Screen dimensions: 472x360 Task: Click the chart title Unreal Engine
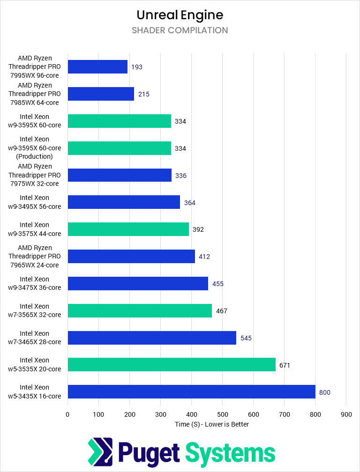pos(180,15)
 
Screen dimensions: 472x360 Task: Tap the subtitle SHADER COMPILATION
pos(180,30)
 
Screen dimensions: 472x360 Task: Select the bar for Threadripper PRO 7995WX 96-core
pos(97,67)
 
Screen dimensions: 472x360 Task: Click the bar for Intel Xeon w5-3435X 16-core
pos(191,392)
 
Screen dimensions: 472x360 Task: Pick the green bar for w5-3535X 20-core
pos(172,365)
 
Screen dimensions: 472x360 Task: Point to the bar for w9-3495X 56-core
pos(124,202)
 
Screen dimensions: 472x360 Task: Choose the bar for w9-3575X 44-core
pos(128,229)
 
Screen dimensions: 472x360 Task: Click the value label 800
pos(324,392)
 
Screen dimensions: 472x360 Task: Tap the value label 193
pos(136,67)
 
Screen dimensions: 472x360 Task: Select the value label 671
pos(285,365)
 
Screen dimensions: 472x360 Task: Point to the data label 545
pos(246,338)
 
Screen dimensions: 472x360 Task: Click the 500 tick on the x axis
pos(222,414)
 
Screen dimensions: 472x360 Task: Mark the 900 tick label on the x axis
pos(346,414)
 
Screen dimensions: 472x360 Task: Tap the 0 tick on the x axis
pos(67,414)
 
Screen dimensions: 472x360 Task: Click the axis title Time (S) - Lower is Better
pos(211,424)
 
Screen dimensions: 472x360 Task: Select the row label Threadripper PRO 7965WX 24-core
pos(35,256)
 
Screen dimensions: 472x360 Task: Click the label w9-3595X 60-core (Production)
pos(34,148)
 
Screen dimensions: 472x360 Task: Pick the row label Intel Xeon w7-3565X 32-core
pos(34,310)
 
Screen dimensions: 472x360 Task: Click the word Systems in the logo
pos(230,453)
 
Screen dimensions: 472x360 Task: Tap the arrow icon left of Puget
pos(100,453)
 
